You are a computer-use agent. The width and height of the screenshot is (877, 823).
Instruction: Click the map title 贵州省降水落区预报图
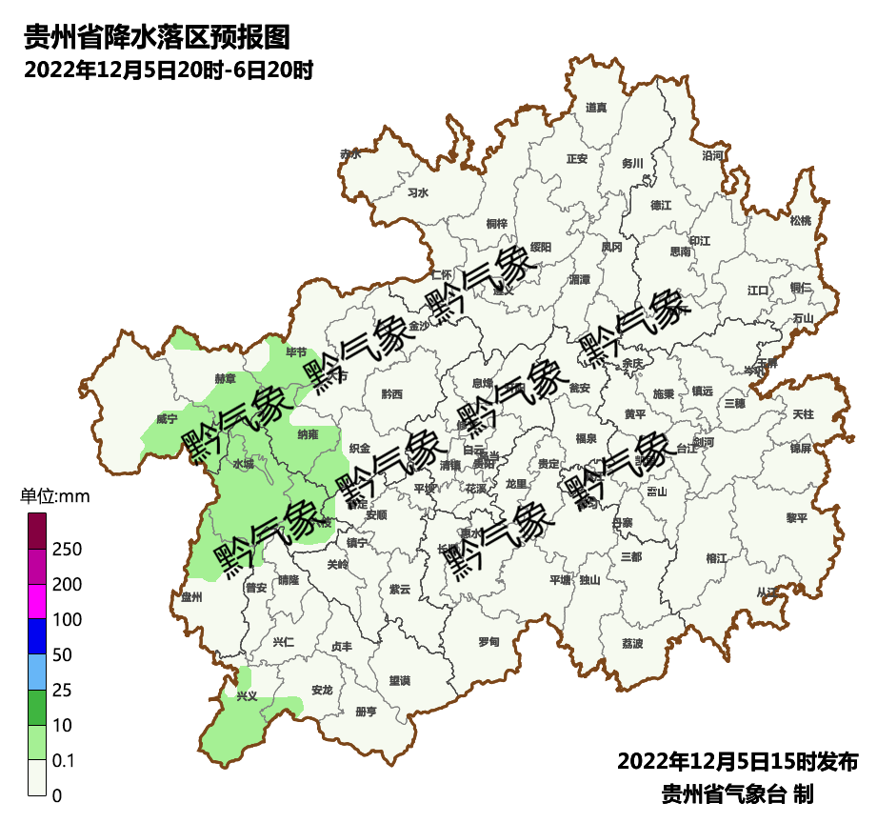(156, 37)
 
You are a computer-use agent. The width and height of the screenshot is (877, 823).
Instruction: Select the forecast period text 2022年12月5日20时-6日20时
(169, 70)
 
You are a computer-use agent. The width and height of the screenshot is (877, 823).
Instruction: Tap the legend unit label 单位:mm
(54, 496)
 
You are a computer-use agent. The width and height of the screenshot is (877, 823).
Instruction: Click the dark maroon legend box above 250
(37, 531)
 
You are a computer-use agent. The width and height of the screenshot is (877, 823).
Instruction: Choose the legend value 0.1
(65, 760)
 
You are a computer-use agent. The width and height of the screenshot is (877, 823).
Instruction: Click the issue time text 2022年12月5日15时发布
(738, 762)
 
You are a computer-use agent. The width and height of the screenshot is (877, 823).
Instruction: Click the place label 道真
(596, 108)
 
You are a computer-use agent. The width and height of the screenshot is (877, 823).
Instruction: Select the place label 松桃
(800, 221)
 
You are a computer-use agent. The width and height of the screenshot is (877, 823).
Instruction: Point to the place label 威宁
(167, 418)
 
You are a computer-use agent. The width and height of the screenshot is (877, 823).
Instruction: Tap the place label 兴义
(247, 696)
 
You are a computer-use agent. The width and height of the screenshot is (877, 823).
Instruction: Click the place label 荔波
(632, 643)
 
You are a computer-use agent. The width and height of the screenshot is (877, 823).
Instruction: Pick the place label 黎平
(796, 518)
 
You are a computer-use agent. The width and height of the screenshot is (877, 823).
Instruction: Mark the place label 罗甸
(488, 640)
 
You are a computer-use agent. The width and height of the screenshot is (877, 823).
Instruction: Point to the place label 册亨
(366, 712)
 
